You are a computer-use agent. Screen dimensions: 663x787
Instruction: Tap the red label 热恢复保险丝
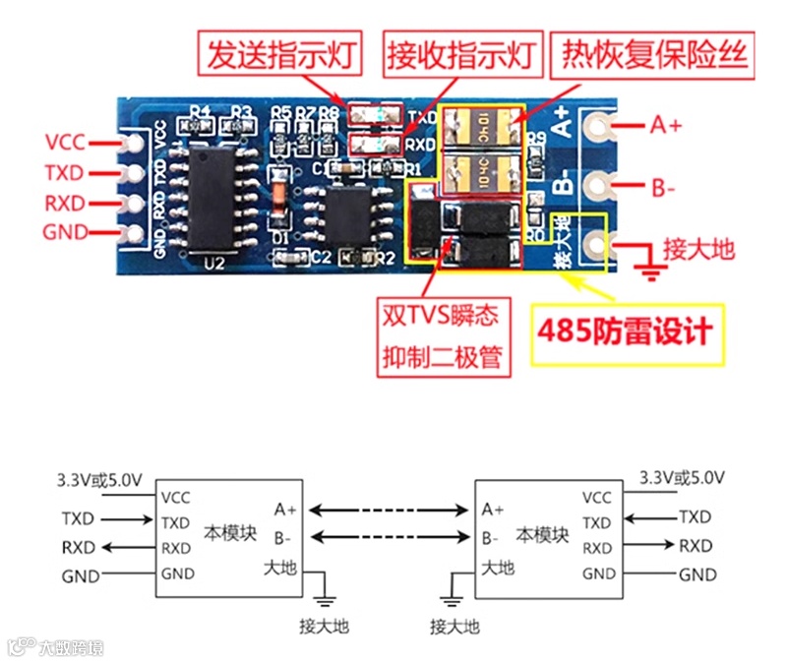655,50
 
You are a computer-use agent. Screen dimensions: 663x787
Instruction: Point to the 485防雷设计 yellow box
624,332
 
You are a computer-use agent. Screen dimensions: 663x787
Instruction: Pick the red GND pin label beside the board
65,233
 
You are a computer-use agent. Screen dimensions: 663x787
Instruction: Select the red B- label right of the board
664,184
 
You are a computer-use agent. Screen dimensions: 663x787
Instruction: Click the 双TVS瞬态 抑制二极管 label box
446,335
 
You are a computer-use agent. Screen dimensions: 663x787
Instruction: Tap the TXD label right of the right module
695,516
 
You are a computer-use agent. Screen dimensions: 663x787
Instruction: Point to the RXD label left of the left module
79,547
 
